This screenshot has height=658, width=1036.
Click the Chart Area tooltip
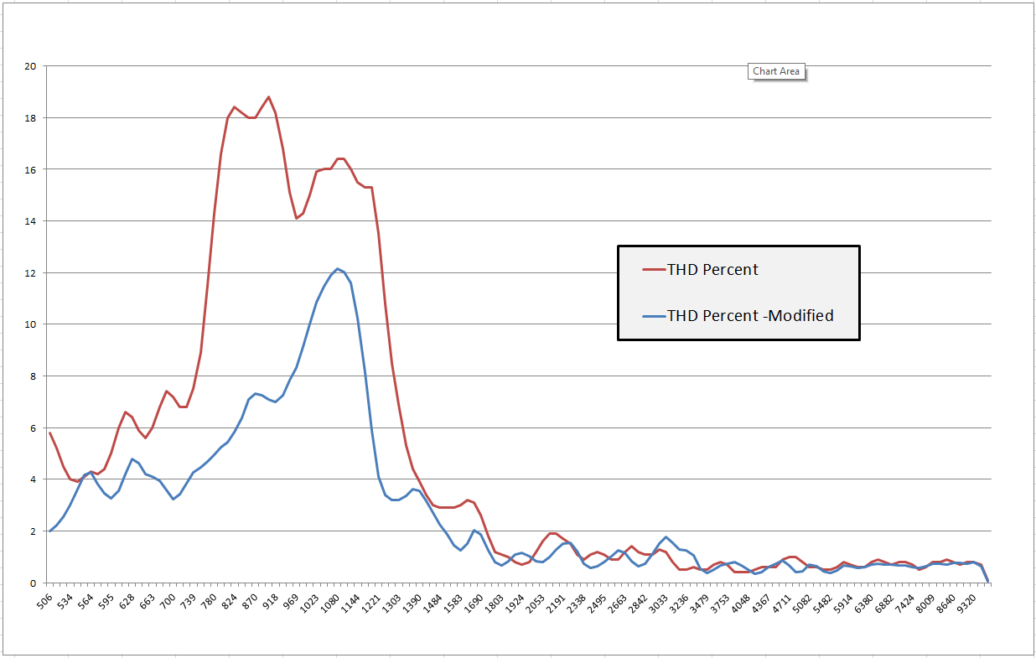(776, 71)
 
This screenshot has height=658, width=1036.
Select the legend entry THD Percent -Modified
(750, 316)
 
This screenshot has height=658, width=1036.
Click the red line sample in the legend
(653, 270)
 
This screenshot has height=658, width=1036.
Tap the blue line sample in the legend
(653, 316)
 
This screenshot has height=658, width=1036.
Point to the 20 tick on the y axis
(31, 66)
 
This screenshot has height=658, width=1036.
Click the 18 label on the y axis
(31, 118)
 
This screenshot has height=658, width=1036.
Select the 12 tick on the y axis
(31, 273)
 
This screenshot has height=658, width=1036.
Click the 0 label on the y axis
(34, 583)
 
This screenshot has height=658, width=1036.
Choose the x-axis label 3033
(662, 604)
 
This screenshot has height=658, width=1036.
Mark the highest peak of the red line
(269, 96)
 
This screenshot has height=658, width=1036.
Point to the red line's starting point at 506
(50, 433)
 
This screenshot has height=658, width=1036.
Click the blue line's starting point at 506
(50, 531)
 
